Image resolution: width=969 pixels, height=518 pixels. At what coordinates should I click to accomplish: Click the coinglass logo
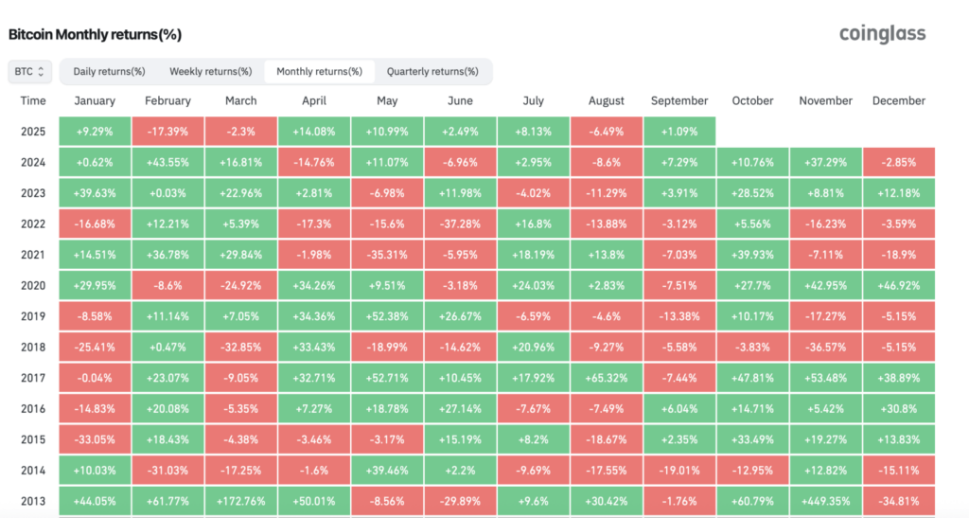882,34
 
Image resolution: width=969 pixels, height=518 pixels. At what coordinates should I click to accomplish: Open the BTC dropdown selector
28,71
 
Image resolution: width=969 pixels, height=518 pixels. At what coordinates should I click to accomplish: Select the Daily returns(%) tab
109,71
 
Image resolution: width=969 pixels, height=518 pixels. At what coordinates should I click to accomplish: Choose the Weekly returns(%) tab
210,71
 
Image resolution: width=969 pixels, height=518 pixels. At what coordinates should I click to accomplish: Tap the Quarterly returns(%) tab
433,71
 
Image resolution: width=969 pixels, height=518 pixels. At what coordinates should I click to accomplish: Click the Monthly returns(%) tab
319,71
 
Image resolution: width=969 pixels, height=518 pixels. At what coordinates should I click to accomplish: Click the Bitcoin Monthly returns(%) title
95,35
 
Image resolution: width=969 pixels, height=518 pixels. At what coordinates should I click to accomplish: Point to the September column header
678,100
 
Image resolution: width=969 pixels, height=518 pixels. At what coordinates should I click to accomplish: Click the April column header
314,100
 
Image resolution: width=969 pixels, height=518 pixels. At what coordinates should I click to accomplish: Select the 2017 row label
33,377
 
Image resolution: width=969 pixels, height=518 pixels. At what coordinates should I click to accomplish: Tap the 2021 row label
33,254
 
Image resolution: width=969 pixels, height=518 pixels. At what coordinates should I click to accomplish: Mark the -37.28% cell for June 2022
460,223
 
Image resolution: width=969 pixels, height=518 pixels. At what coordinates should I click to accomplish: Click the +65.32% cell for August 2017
607,377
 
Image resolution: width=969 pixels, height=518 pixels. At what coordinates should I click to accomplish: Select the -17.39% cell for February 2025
167,131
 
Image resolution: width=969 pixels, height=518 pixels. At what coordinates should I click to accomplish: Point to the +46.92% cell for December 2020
899,285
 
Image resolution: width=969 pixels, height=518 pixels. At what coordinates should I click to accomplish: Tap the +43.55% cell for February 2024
167,162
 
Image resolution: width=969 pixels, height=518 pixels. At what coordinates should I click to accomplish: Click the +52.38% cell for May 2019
387,315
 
